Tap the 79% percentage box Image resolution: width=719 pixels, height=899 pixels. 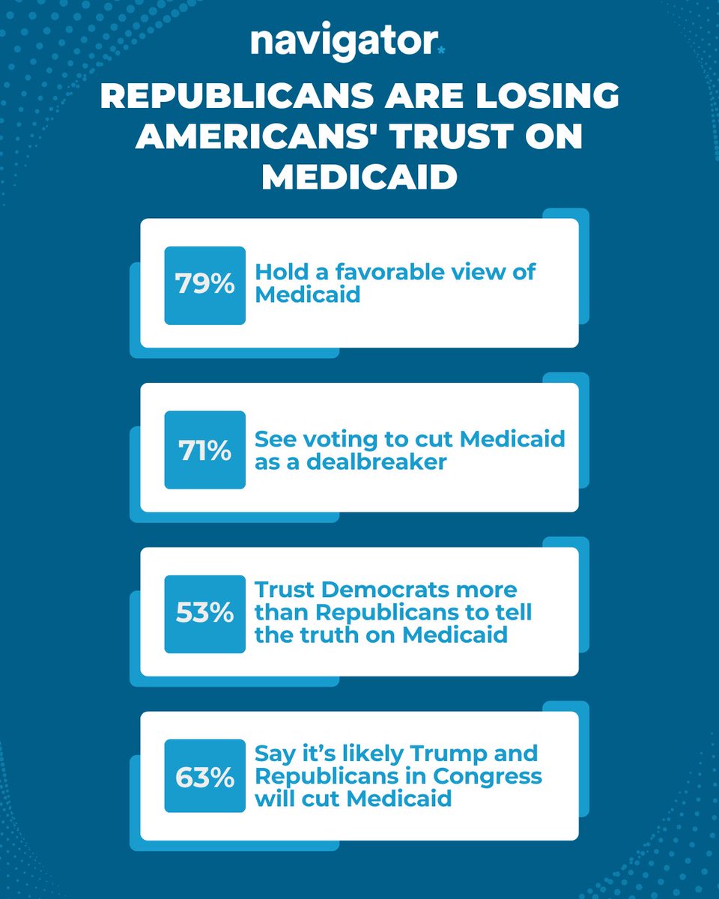click(x=204, y=285)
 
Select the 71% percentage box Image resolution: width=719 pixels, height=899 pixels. click(x=204, y=449)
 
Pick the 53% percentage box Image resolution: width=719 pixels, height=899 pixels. click(x=204, y=614)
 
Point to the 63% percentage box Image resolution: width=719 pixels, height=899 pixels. click(x=204, y=776)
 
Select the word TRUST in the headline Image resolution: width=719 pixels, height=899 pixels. click(x=462, y=138)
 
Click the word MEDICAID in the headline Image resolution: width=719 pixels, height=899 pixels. click(x=359, y=178)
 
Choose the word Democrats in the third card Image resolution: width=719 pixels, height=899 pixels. click(x=371, y=590)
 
